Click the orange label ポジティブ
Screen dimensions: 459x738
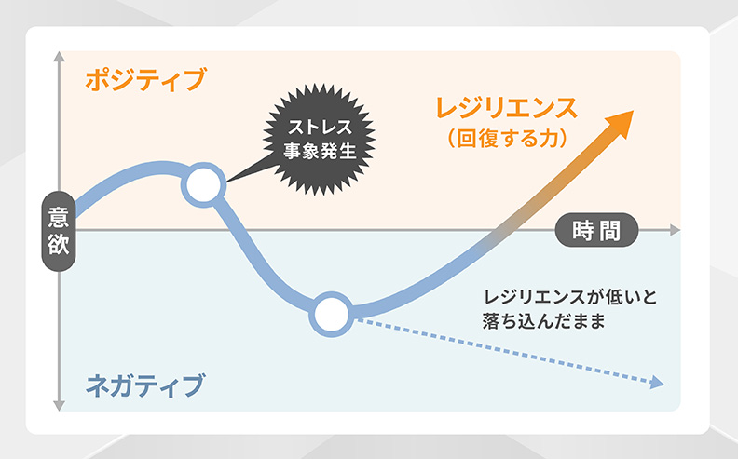(x=144, y=80)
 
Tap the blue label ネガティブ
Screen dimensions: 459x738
(x=144, y=383)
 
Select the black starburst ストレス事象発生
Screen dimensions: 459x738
(x=312, y=136)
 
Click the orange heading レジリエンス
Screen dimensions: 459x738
(x=506, y=107)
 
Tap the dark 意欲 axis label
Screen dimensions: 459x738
(x=58, y=230)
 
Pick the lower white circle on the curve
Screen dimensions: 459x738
(x=330, y=315)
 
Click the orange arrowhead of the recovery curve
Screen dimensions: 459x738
(x=619, y=122)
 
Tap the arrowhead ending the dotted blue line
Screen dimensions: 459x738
(x=657, y=382)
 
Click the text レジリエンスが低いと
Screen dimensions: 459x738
(x=570, y=298)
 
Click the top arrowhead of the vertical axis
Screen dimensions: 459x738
(x=59, y=55)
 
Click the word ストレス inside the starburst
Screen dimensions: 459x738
(x=312, y=126)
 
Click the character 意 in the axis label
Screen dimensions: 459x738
(x=58, y=216)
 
